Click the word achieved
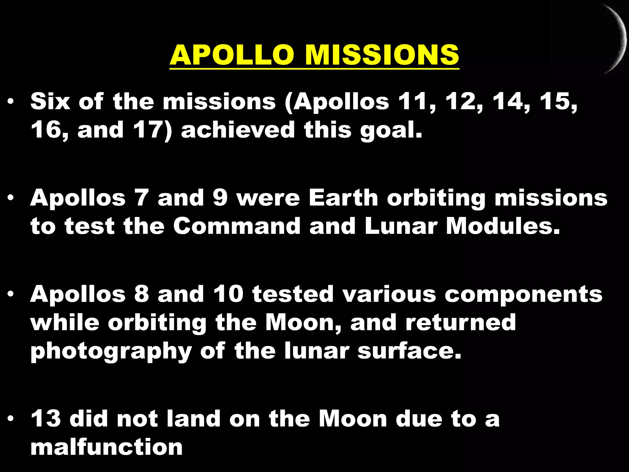238,130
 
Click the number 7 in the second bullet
142,198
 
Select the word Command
236,226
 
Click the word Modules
502,226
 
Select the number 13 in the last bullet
46,419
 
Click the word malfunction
107,447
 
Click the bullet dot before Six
11,102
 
